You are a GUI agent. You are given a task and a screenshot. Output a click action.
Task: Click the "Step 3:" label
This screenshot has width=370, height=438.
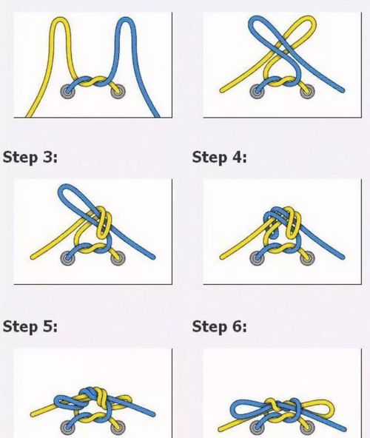click(30, 158)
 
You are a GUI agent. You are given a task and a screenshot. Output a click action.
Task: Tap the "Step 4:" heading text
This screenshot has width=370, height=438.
click(219, 158)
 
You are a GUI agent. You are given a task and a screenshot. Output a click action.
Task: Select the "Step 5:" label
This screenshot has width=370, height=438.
click(30, 326)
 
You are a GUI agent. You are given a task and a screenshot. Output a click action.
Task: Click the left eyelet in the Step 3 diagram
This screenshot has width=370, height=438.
click(67, 258)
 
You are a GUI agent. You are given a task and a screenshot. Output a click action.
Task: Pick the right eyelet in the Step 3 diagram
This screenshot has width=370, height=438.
click(118, 258)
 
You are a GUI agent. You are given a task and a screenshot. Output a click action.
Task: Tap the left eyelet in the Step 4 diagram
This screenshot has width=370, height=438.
click(257, 258)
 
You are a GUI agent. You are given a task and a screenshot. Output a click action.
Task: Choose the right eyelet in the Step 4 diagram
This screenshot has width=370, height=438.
click(307, 258)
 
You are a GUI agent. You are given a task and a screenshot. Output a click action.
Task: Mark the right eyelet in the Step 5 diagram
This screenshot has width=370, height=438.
click(118, 428)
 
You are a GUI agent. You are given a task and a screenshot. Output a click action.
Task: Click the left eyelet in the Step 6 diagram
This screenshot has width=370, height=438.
click(257, 428)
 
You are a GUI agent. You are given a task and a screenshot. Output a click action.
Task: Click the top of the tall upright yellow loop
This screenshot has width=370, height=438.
click(59, 19)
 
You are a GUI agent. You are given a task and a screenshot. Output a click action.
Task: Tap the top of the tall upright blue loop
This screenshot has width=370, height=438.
click(126, 19)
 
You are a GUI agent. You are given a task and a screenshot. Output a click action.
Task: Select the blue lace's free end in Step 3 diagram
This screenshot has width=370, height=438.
click(152, 257)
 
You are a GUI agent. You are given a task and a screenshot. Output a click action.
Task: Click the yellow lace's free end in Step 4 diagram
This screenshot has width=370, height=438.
click(222, 257)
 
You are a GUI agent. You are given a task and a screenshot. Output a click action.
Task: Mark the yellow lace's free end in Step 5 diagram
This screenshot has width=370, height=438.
click(33, 414)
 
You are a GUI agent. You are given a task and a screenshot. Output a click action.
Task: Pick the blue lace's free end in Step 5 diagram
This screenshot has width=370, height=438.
click(152, 414)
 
